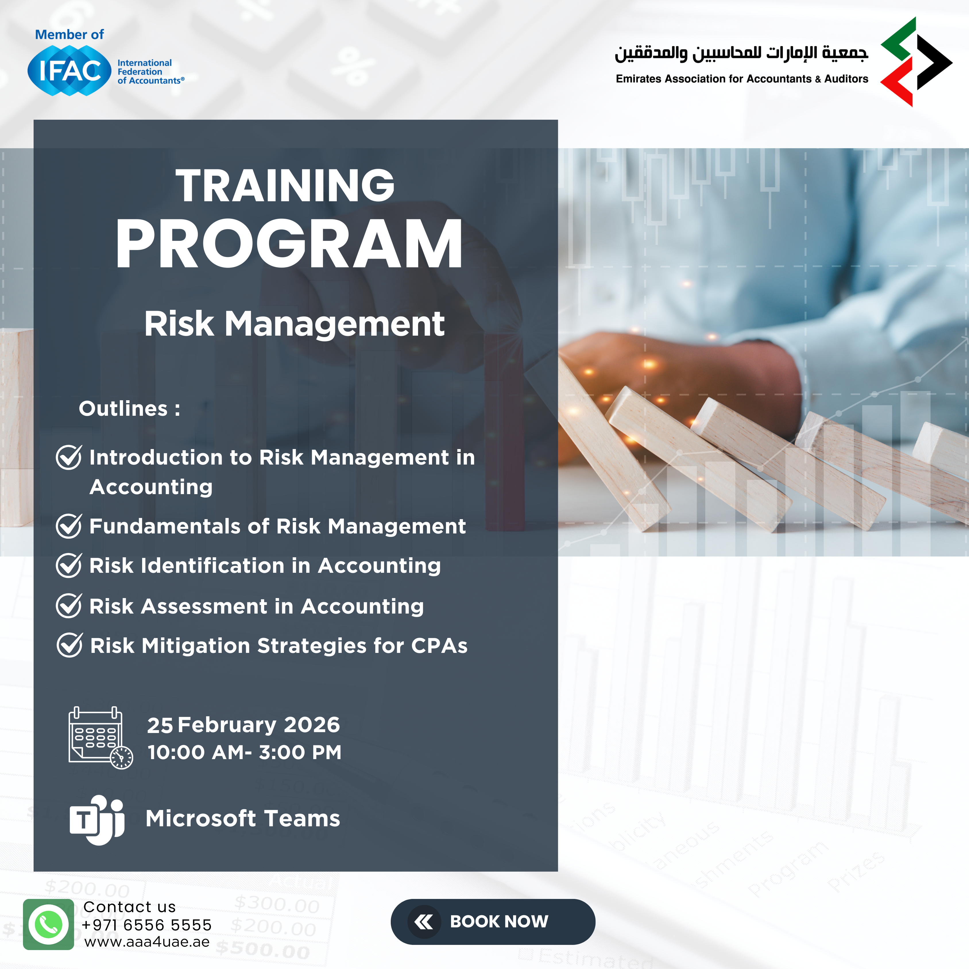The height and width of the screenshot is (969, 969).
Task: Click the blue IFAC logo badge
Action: coord(69,70)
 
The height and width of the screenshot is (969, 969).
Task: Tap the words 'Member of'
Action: coord(69,35)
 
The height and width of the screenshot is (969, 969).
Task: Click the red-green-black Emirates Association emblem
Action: coord(916,62)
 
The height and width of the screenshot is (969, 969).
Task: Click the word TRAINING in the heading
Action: coord(285,185)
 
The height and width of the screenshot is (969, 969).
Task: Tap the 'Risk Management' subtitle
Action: coord(294,324)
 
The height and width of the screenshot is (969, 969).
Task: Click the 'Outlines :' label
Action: coord(129,409)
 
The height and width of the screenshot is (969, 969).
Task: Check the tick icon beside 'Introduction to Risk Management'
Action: coord(69,457)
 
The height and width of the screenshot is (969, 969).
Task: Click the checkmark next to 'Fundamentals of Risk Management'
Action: coord(69,526)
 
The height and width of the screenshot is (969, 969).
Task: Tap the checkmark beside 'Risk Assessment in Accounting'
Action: coord(69,606)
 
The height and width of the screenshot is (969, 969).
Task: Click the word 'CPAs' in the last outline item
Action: coord(439,646)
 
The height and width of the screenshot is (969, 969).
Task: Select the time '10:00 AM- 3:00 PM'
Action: coord(244,752)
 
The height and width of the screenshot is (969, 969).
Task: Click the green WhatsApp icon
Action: coord(49,924)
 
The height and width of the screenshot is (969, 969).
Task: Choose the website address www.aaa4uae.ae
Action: coord(147,942)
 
